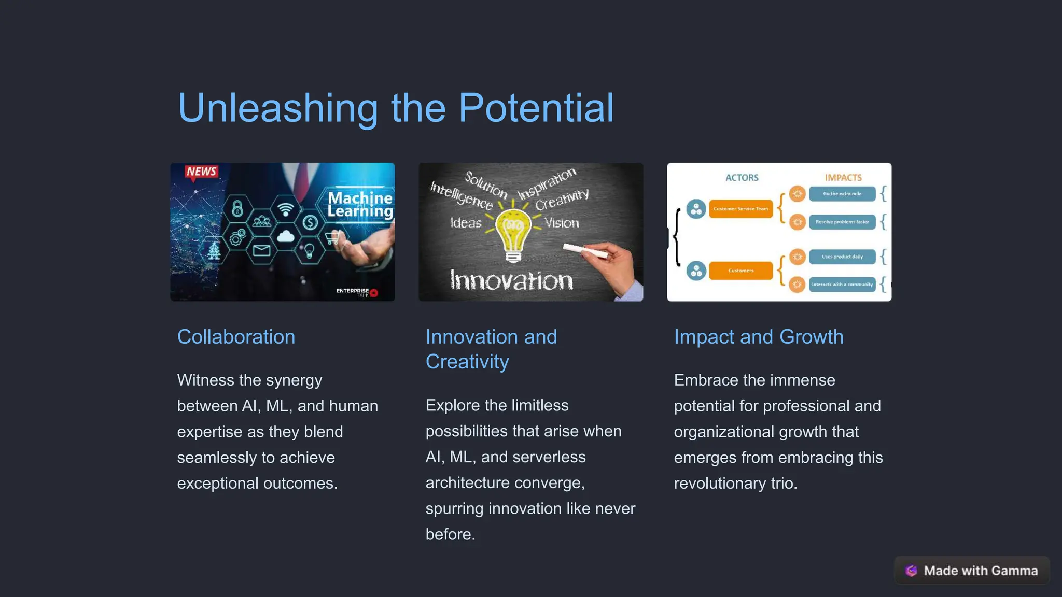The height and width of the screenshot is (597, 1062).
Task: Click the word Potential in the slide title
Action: coord(536,108)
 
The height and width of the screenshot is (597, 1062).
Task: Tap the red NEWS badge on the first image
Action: coord(201,172)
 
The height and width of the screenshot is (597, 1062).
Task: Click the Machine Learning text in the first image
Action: coord(360,205)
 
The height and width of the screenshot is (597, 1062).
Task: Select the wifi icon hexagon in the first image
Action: coord(285,209)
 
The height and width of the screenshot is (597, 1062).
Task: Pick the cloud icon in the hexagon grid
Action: coord(285,237)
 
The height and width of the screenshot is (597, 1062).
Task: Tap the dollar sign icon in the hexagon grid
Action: coord(310,223)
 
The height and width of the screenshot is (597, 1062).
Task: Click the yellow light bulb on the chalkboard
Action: coord(513,233)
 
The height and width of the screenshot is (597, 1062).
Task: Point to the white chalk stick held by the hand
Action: coord(585,251)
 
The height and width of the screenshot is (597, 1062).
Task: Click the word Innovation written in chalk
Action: coord(511,280)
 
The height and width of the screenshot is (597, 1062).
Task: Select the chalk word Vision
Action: coord(562,223)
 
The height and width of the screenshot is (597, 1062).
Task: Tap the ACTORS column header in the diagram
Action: coord(742,178)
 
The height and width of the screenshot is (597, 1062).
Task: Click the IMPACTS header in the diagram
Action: coord(843,178)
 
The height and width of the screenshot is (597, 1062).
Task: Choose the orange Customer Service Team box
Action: coord(740,209)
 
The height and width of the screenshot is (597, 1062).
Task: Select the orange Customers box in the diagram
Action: coord(740,271)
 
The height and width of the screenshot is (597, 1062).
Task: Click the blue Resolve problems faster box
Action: coord(842,222)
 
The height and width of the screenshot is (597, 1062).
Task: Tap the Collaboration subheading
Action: coord(236,337)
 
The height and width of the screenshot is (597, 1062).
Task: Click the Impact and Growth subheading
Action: coord(759,337)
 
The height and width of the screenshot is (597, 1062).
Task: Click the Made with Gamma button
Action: coord(972,571)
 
